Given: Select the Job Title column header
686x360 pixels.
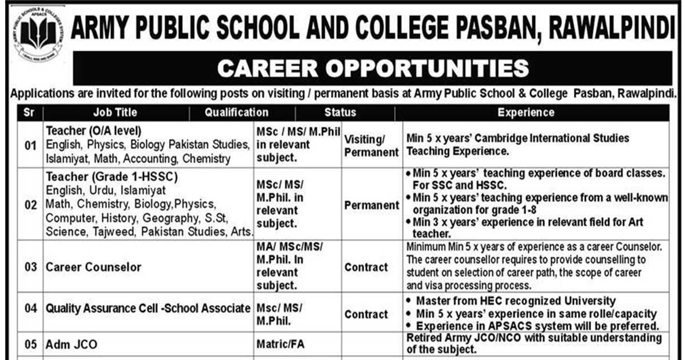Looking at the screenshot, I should click(115, 113).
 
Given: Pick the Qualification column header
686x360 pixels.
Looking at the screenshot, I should click(236, 113).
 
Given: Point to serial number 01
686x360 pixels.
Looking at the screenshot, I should click(30, 145).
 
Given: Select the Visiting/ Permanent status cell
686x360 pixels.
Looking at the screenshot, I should click(371, 146).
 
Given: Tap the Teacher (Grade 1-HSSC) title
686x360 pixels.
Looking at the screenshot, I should click(111, 177).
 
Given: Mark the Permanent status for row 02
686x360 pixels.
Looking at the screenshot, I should click(372, 205).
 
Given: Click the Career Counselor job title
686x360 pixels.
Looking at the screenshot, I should click(94, 267).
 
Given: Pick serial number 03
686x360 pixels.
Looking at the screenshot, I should click(30, 267).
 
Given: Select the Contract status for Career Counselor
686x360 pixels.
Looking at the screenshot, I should click(366, 267).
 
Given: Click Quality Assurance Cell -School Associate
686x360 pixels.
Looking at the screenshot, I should click(148, 309).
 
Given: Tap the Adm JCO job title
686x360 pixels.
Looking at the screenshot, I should click(71, 344).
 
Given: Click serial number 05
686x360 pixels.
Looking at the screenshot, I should click(30, 344).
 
